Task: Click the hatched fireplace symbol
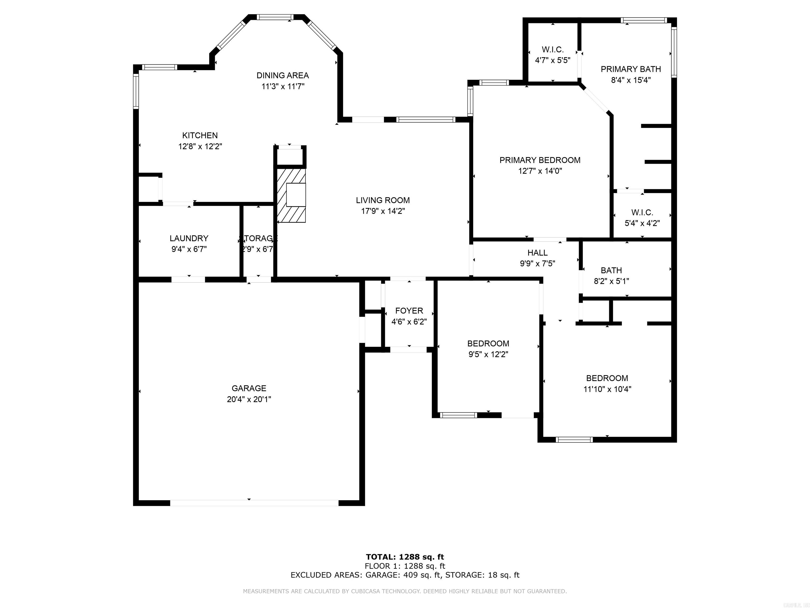point(291,195)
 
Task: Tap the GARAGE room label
point(249,388)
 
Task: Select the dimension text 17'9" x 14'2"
point(382,211)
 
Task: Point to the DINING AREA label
point(282,75)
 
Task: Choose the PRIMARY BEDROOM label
point(540,160)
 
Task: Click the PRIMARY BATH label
point(630,69)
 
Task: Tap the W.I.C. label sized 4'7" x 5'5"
point(553,49)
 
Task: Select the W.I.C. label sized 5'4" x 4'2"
point(642,212)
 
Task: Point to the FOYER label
point(409,311)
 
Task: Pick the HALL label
point(537,253)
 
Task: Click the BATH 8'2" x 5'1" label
point(611,270)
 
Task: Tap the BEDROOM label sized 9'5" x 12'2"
point(488,343)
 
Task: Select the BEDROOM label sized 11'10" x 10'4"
point(607,378)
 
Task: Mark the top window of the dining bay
point(275,17)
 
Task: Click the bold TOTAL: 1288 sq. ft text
point(405,557)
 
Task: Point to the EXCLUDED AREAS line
point(405,575)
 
